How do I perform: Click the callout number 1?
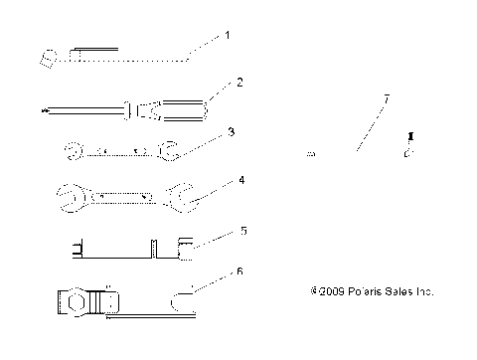[227, 35]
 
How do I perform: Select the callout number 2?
[239, 83]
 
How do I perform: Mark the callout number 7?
[386, 100]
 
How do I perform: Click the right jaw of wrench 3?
[165, 151]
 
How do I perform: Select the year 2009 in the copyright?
[328, 292]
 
